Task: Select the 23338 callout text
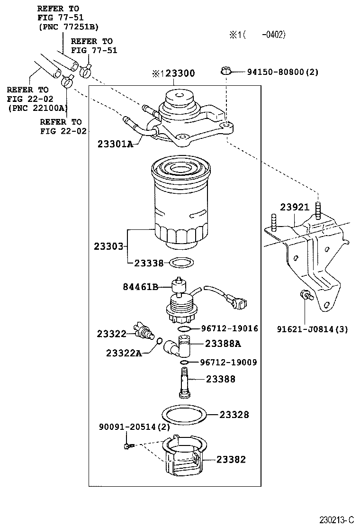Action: pos(149,263)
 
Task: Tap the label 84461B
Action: pos(141,286)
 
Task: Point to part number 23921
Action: pos(294,208)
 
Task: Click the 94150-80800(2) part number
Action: pos(282,72)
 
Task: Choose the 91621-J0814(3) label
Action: pos(312,329)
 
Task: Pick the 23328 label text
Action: pos(234,415)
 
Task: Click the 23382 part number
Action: pos(232,459)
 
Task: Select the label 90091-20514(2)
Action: pos(134,427)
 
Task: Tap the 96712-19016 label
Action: pos(229,328)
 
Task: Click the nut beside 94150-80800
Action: pos(226,72)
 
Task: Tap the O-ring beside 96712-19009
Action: pos(186,363)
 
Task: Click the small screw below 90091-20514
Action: pos(127,445)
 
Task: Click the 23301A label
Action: pos(115,144)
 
